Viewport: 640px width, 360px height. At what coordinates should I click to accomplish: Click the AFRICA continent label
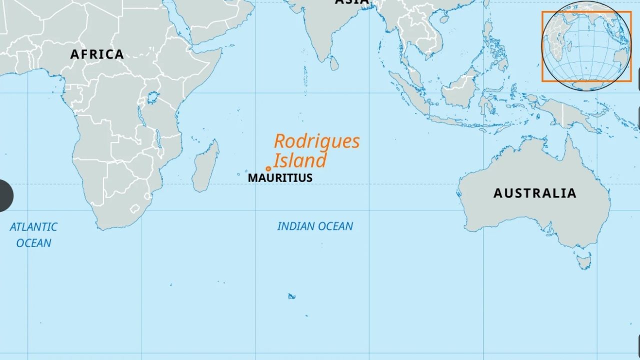[96, 54]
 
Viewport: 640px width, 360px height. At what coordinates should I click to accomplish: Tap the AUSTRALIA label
[534, 193]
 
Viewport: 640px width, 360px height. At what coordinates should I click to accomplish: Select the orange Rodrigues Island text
[316, 150]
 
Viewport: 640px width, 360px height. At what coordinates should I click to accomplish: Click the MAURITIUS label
[280, 178]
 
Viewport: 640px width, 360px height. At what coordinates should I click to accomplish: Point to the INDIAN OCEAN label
[315, 226]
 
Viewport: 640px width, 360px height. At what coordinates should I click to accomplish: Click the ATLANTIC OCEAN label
[33, 235]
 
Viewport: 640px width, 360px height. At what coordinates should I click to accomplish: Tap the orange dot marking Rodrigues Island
[268, 169]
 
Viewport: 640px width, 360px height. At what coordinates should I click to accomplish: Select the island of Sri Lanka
[334, 63]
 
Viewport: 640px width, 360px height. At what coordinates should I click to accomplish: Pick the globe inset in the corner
[586, 46]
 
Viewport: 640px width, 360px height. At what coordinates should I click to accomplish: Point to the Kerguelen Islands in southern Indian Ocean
[291, 296]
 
